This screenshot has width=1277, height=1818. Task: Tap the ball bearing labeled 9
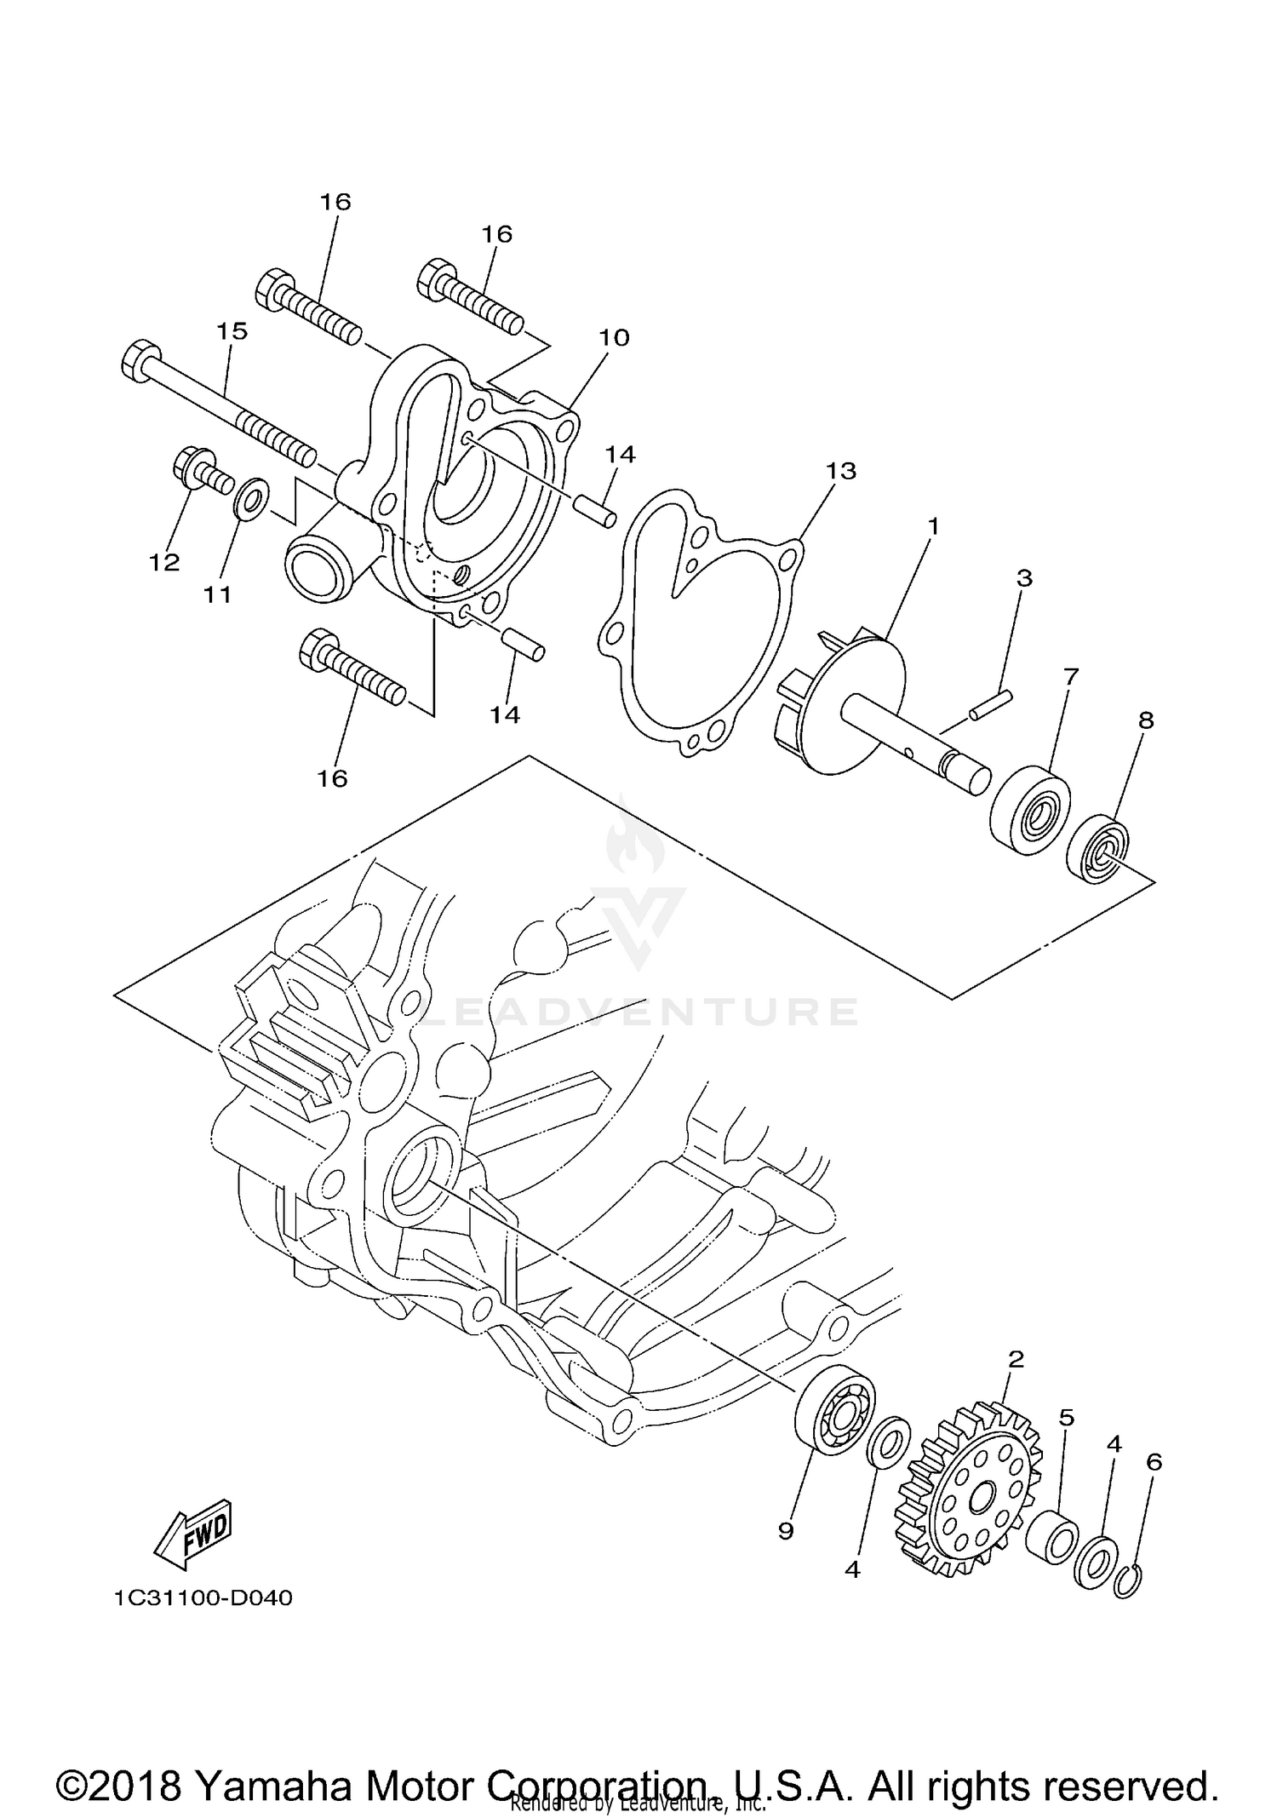coord(834,1416)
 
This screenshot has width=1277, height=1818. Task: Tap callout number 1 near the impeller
coord(933,526)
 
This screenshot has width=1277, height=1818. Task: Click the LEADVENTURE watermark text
coord(638,1012)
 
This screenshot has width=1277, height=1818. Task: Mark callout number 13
coord(841,470)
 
